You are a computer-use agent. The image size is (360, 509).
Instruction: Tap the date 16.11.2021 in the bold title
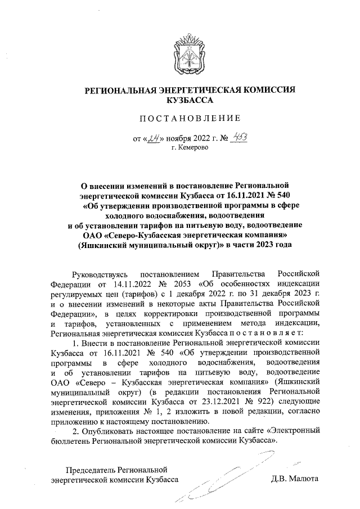coord(229,195)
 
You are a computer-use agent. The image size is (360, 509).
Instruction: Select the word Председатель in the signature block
coord(94,470)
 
